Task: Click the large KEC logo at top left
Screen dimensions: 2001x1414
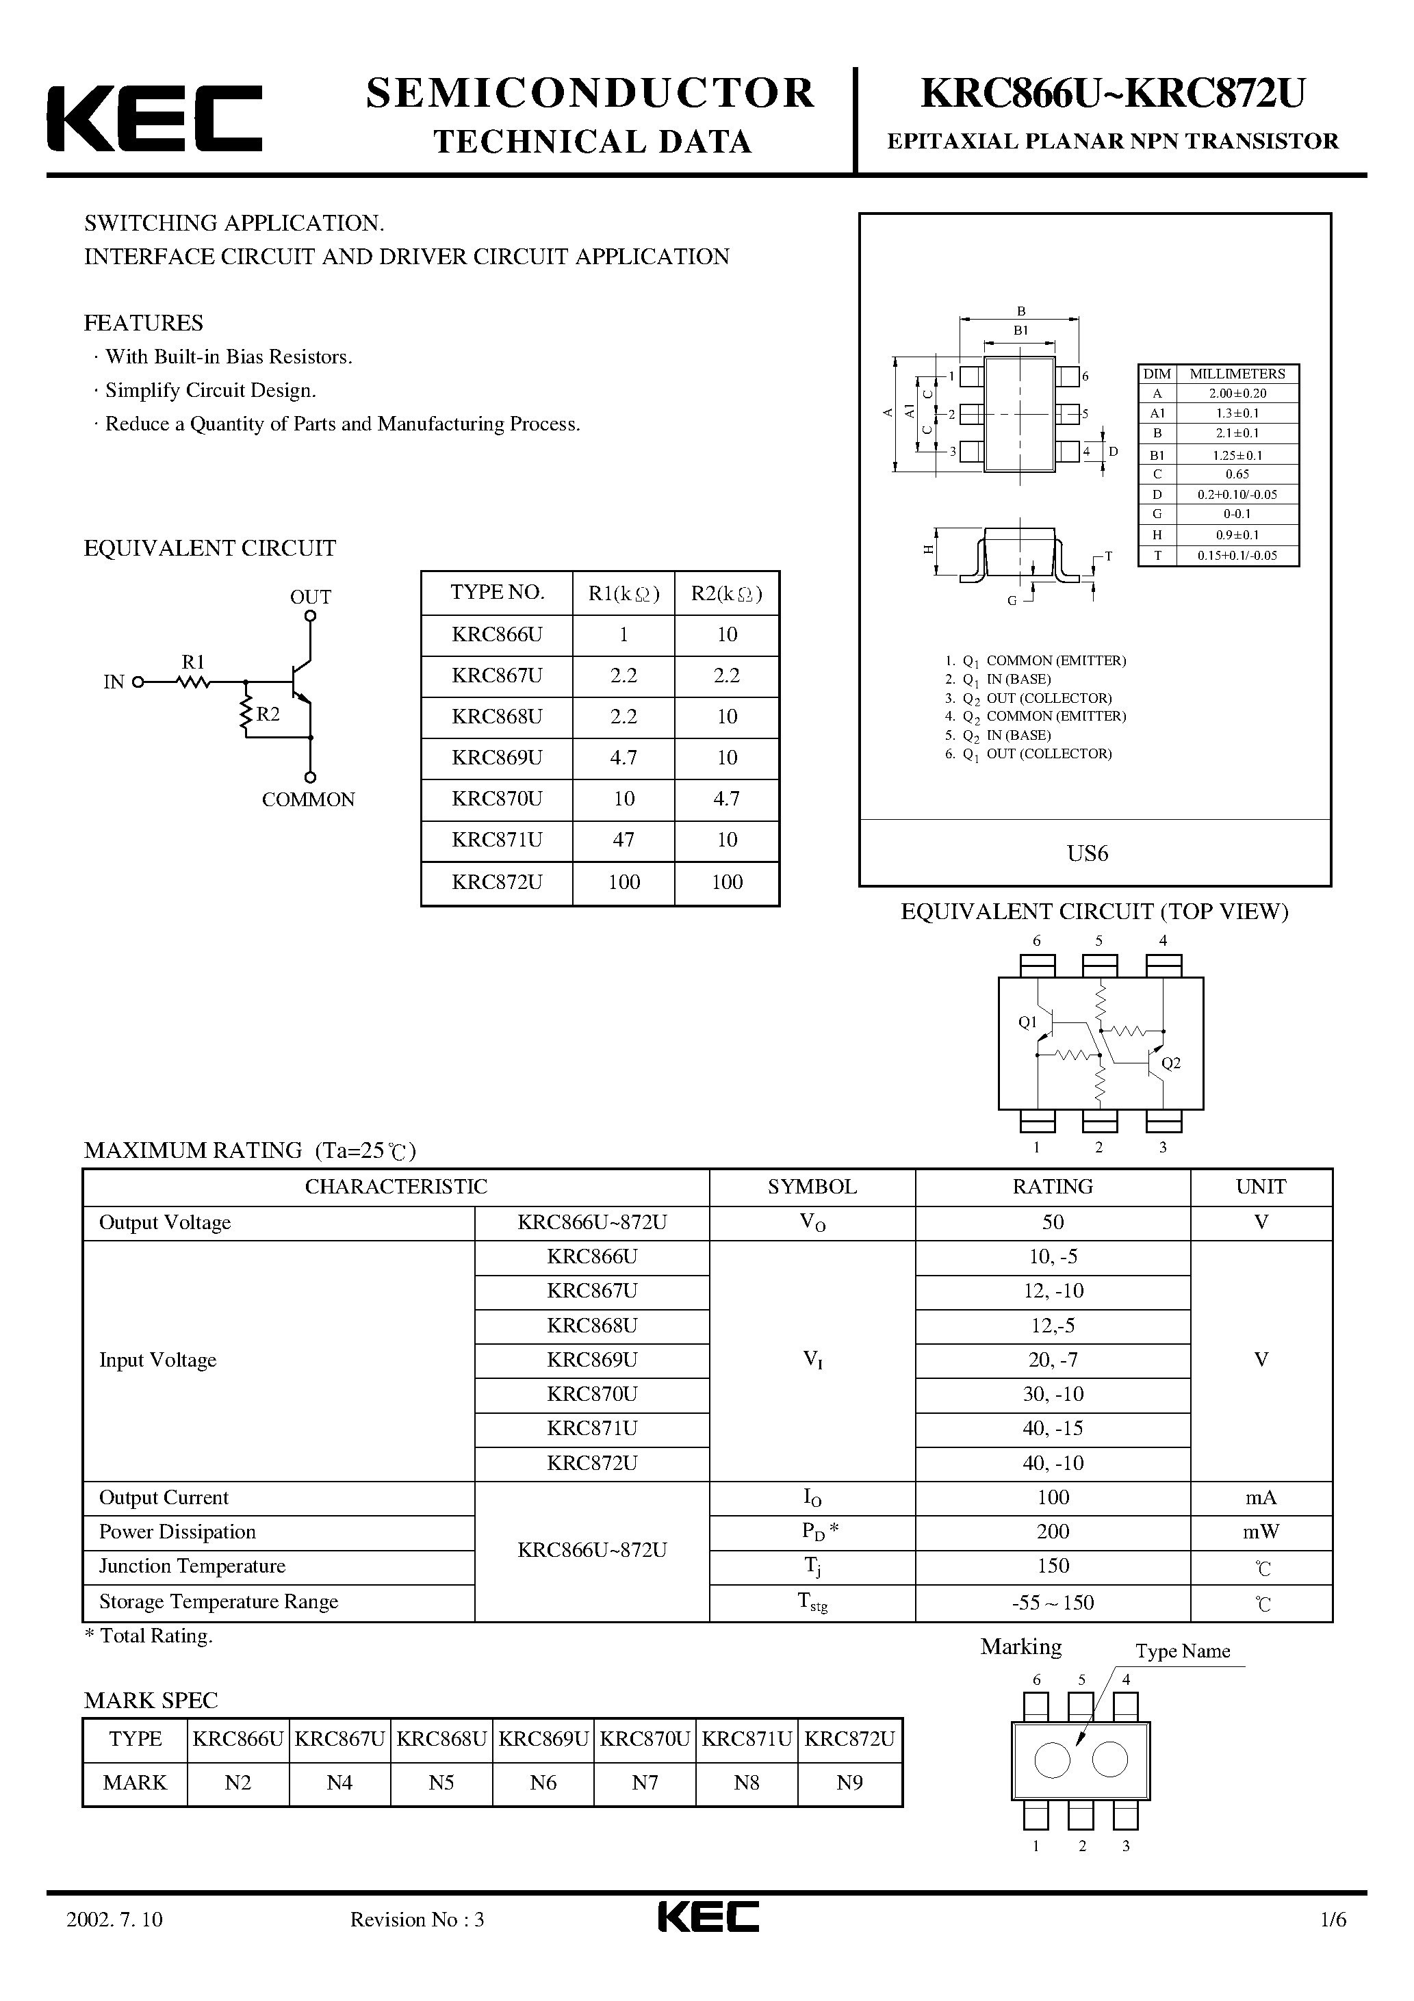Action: [154, 118]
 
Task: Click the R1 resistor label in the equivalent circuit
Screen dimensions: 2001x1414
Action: [192, 662]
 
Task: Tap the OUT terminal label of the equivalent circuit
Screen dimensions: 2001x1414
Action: [310, 597]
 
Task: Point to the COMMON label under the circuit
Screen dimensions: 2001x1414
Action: [309, 800]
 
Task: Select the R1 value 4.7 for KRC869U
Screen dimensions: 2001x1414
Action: [624, 758]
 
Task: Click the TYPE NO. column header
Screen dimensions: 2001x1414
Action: [497, 593]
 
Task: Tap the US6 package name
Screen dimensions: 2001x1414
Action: [1087, 854]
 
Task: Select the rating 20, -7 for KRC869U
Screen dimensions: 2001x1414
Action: [1053, 1360]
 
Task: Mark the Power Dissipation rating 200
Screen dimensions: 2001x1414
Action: [1053, 1532]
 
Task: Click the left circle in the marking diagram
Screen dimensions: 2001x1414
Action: [1051, 1761]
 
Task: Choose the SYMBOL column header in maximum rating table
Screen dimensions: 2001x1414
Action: [812, 1187]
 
